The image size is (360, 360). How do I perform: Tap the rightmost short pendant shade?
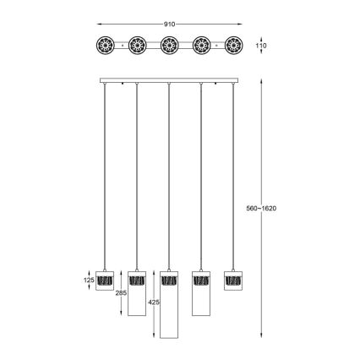pos(232,280)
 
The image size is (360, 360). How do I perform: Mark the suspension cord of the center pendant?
pos(168,169)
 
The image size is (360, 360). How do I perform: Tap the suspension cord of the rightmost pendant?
pos(232,169)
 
